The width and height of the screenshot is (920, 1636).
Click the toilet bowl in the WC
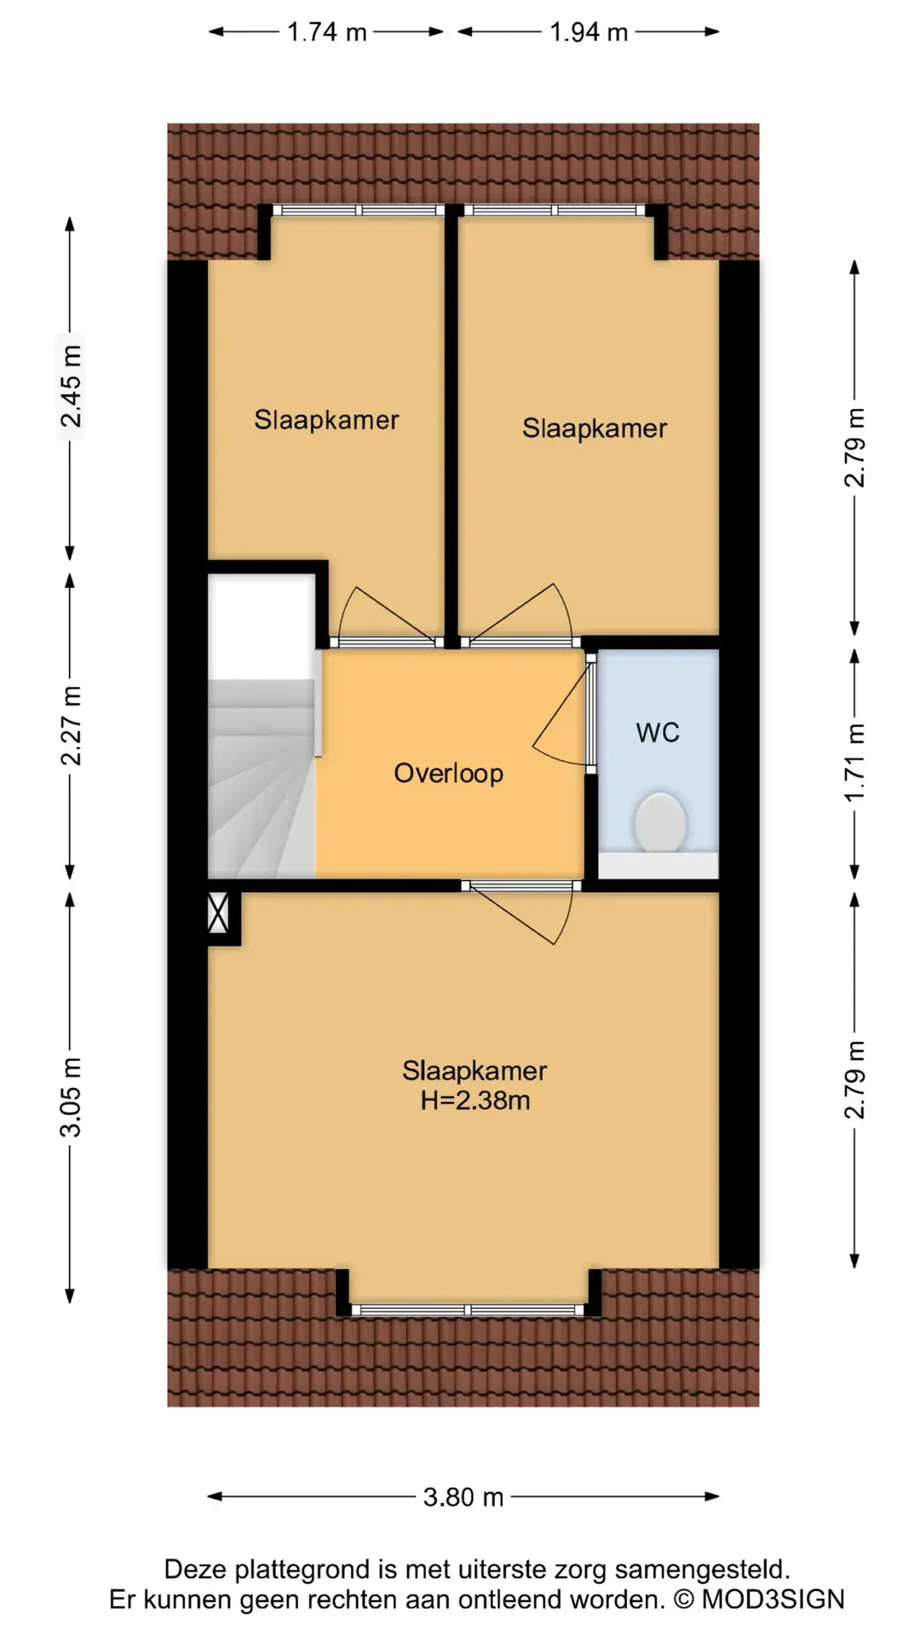659,822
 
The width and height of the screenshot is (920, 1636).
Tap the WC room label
658,733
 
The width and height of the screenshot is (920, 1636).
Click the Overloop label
449,774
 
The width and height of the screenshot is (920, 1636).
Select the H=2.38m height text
475,1100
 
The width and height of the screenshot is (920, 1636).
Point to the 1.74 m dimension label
327,32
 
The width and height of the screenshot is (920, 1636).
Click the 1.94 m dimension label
589,32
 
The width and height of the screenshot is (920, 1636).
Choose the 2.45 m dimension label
72,387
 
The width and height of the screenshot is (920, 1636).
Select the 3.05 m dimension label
72,1097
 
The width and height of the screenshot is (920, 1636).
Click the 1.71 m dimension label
854,763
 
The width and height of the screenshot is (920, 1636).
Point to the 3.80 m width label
463,1497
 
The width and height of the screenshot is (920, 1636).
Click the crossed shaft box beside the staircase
219,912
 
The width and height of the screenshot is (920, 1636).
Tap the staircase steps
262,777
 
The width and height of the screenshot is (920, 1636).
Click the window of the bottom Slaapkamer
469,1310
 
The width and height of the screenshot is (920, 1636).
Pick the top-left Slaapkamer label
326,420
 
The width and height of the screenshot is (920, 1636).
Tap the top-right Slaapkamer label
595,429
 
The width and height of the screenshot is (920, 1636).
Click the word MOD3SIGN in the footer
773,1599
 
